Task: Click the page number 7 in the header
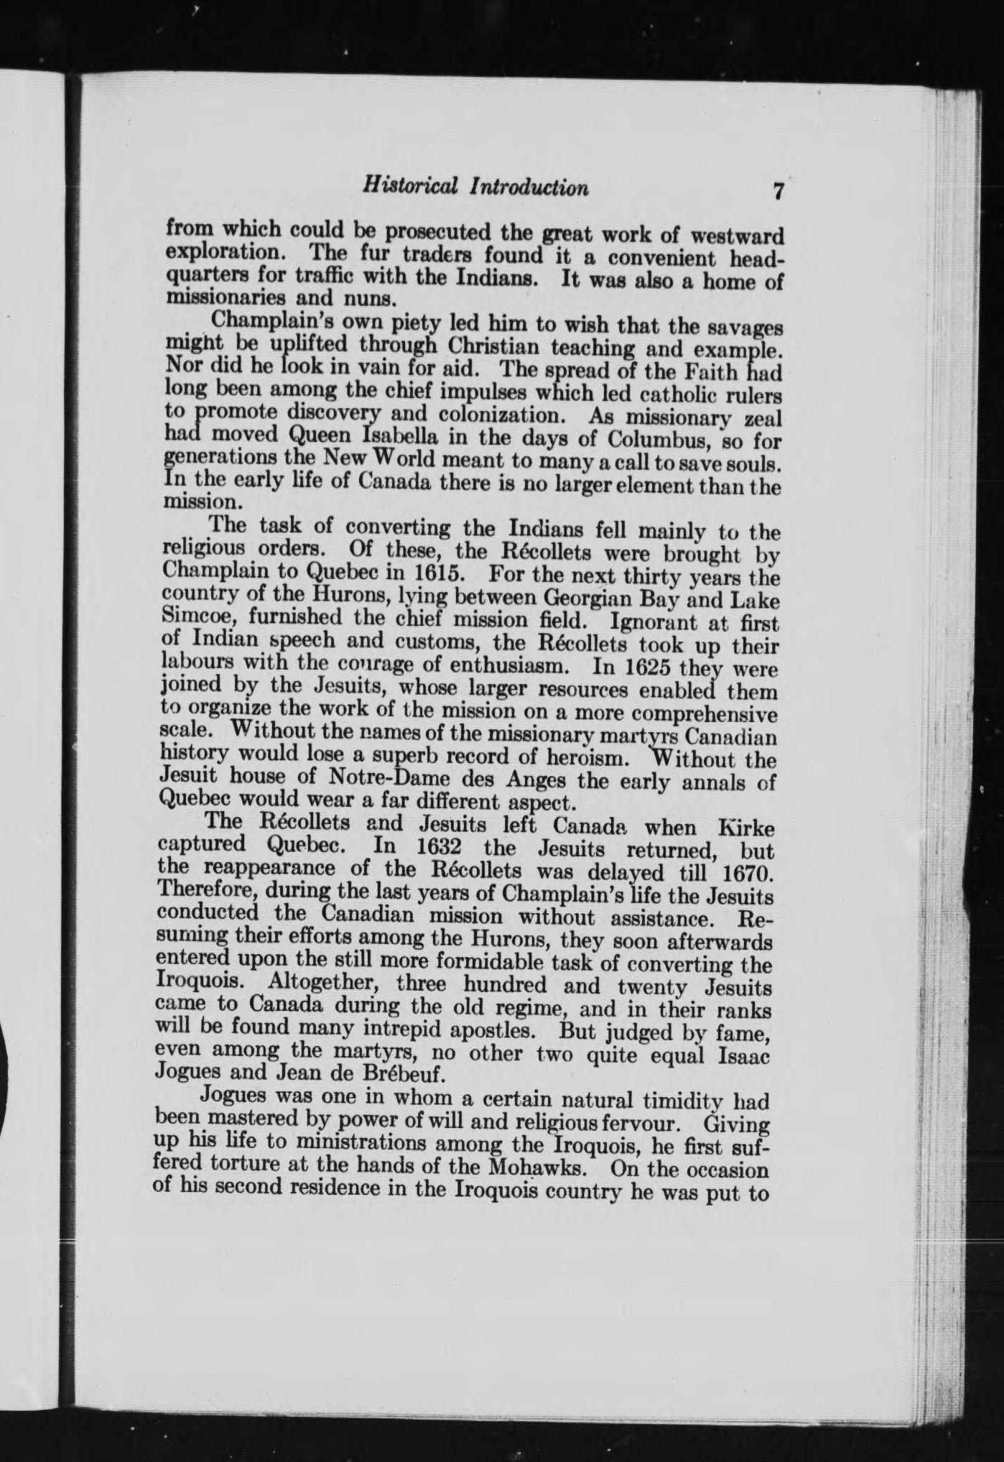coord(777,192)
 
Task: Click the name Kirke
coord(747,828)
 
